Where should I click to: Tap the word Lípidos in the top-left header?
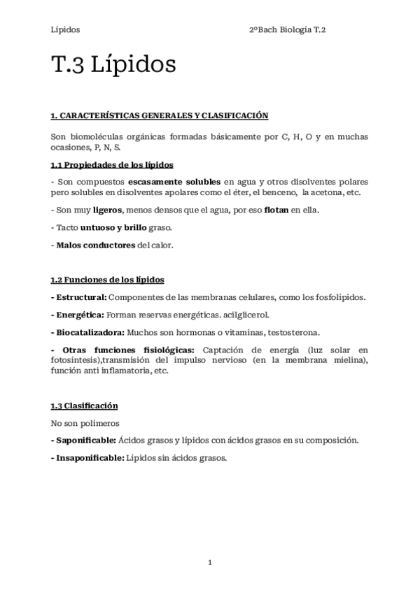click(x=65, y=30)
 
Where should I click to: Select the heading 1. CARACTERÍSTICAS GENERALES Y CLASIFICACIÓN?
click(x=160, y=115)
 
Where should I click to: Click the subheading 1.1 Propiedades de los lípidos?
click(x=112, y=165)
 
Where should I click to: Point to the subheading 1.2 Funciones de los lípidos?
click(x=107, y=280)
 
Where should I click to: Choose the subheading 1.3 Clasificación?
click(x=84, y=406)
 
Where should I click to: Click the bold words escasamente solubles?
click(x=174, y=182)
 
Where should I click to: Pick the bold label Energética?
click(x=78, y=315)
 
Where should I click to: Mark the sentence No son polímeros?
click(x=85, y=423)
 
